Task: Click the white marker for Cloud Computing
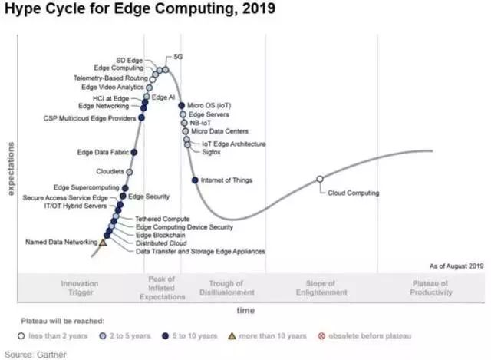point(320,180)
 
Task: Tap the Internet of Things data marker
point(195,180)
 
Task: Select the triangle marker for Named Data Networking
point(103,243)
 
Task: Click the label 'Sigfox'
point(212,152)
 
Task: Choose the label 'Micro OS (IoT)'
point(209,105)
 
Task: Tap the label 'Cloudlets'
point(110,171)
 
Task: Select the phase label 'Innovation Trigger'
point(80,288)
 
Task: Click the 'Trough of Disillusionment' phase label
point(226,288)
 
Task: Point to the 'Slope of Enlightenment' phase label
point(321,288)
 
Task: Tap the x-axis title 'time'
point(245,311)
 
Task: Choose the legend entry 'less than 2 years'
point(56,335)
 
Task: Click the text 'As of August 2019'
point(456,266)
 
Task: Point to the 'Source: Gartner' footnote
point(35,354)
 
